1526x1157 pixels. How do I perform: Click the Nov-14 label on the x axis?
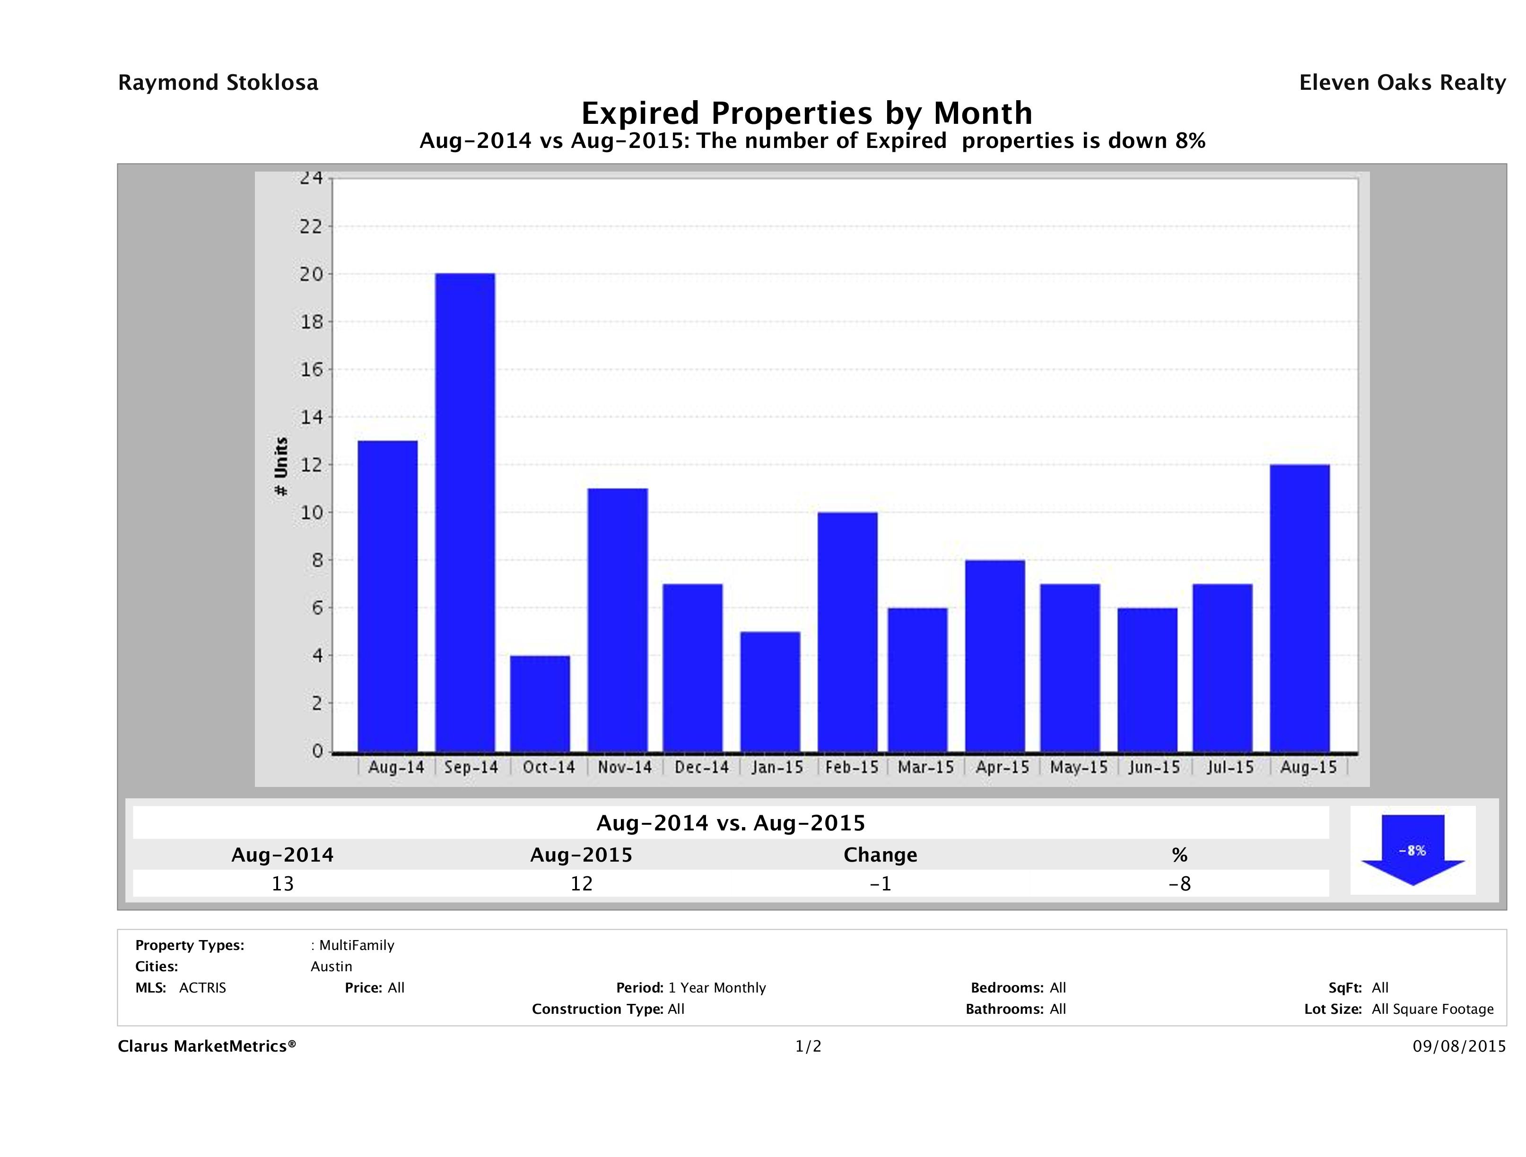tap(624, 768)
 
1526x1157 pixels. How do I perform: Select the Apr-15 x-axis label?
tap(1002, 768)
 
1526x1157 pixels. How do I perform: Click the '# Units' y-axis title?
tap(281, 467)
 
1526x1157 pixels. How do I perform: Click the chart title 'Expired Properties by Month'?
tap(806, 112)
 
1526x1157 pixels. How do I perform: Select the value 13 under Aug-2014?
tap(282, 884)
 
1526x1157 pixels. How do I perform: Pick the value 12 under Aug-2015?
tap(581, 884)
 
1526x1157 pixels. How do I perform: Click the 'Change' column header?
tap(881, 855)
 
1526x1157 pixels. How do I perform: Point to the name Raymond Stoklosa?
tap(218, 83)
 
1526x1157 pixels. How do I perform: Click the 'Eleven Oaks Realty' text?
tap(1402, 83)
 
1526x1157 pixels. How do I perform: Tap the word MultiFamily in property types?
tap(357, 945)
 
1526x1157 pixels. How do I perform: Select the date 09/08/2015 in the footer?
tap(1459, 1047)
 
